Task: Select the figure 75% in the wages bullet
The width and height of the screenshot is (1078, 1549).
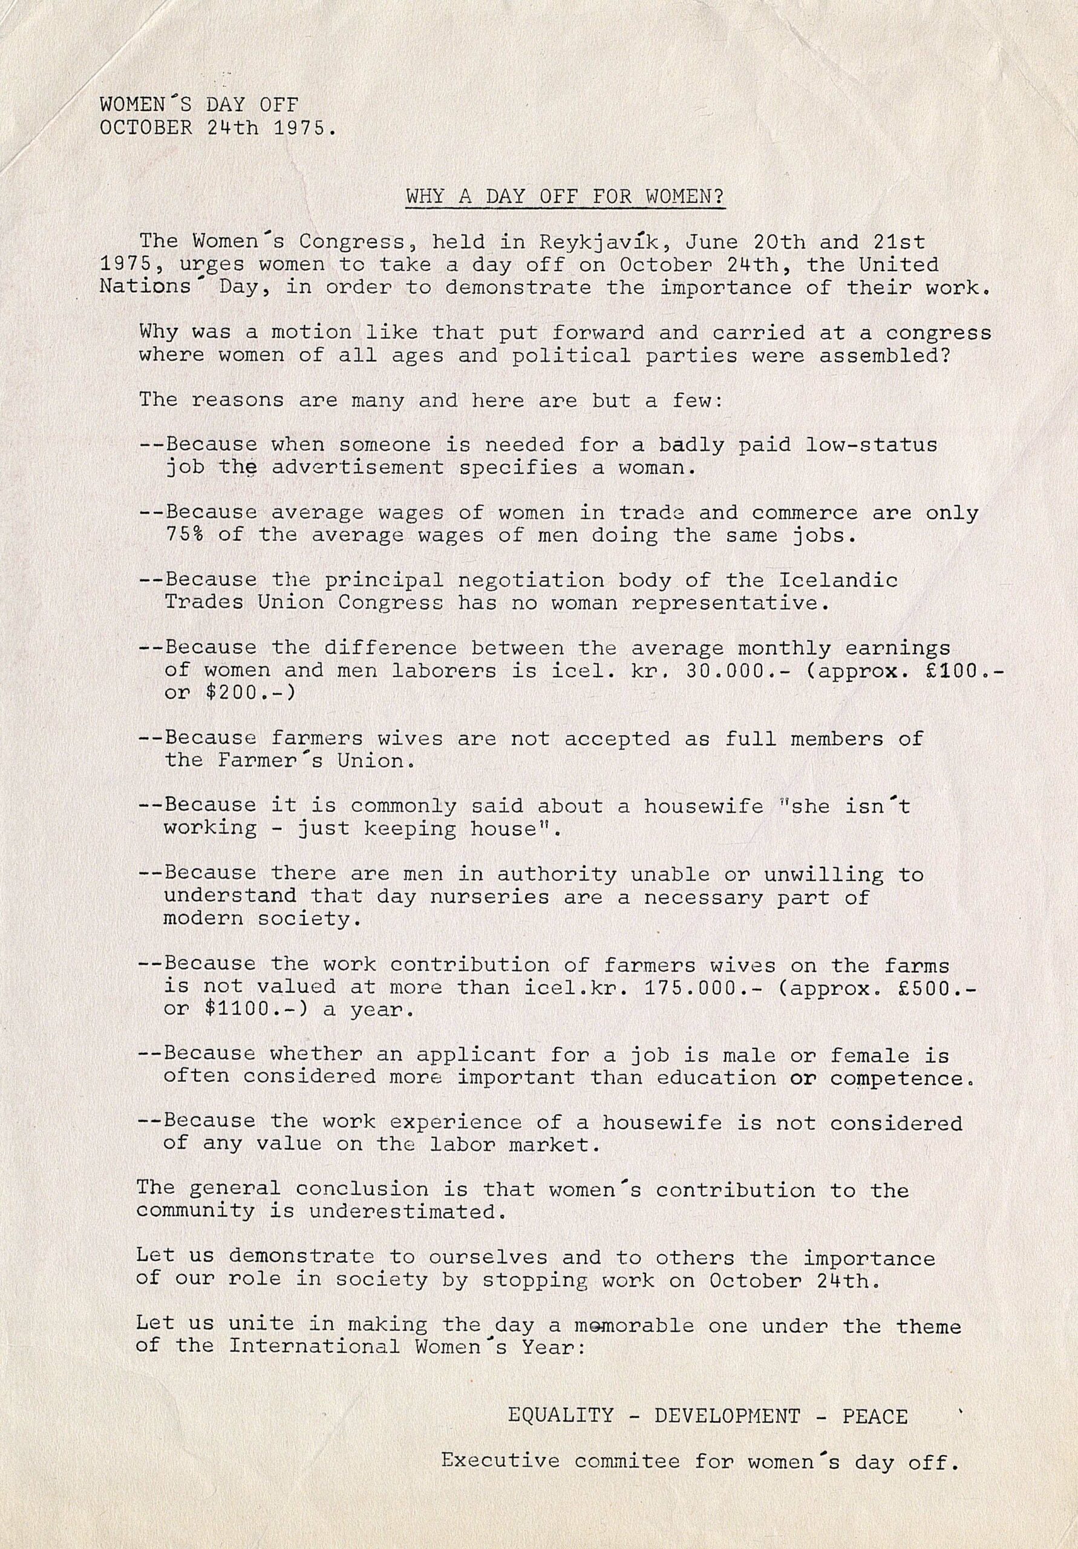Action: tap(184, 535)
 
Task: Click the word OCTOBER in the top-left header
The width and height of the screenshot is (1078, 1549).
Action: tap(146, 128)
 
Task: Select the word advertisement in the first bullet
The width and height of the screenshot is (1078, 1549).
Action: tap(358, 468)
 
